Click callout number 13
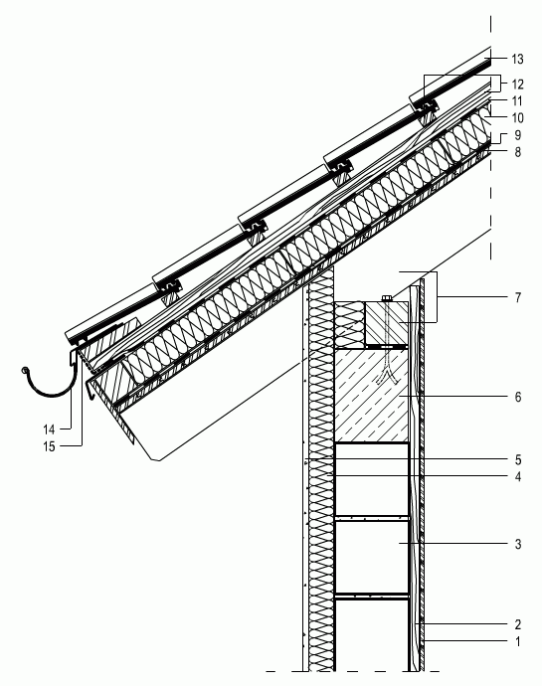[517, 59]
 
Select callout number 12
[517, 84]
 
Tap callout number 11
[517, 101]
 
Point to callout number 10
[517, 118]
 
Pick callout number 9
[518, 135]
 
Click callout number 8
[518, 152]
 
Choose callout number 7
[518, 298]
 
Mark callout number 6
[518, 397]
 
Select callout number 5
[518, 459]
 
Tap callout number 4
[518, 477]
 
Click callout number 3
[518, 544]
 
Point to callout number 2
[518, 624]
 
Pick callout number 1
[518, 642]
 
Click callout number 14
[49, 429]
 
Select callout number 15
[49, 446]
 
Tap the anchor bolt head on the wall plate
[387, 298]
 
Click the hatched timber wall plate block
[387, 323]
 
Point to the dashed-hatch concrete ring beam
[371, 395]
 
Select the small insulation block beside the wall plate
[349, 324]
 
